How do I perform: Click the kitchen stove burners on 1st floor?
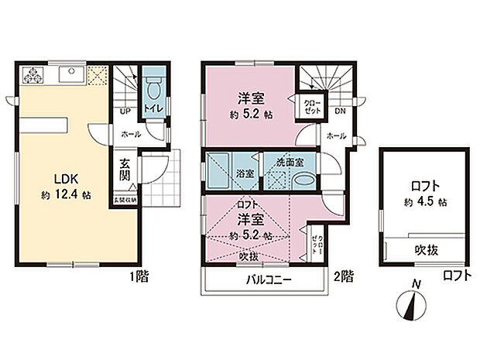36,75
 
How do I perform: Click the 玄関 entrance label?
125,171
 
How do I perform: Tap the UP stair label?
123,111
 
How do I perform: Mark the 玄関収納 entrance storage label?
125,200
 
